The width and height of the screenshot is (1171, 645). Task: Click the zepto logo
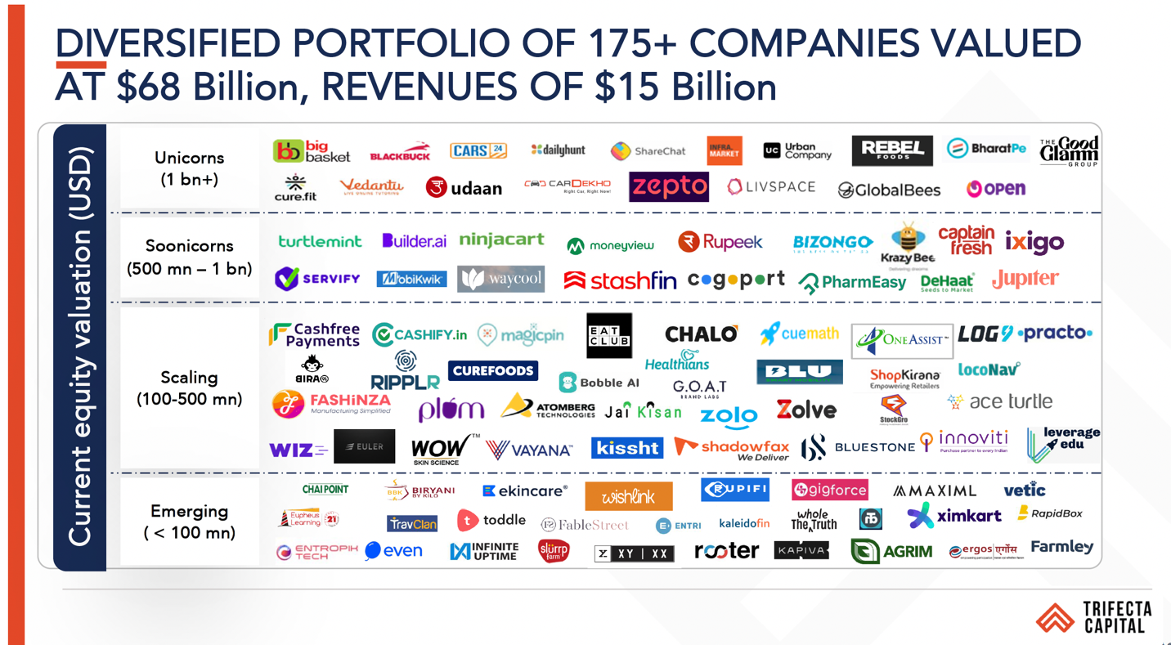[668, 187]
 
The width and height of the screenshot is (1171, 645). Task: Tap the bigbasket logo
[311, 151]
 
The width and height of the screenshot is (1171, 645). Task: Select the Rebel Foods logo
[891, 150]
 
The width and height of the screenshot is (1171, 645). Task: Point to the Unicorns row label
[189, 168]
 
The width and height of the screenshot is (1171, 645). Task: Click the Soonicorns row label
[189, 257]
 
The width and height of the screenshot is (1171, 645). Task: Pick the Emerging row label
[189, 522]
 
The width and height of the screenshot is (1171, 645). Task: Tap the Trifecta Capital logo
[1094, 618]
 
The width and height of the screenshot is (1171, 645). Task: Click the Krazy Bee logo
[907, 243]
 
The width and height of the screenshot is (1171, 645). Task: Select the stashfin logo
[620, 281]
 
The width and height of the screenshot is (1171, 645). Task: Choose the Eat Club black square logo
[609, 335]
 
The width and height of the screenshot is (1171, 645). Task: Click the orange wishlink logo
[628, 496]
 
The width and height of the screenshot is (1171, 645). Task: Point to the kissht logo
[626, 447]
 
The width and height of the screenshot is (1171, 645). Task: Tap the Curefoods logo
[492, 370]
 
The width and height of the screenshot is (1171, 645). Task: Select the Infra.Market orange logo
[724, 151]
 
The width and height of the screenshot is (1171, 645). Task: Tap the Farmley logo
[1061, 547]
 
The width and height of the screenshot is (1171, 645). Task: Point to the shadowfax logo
[732, 448]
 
